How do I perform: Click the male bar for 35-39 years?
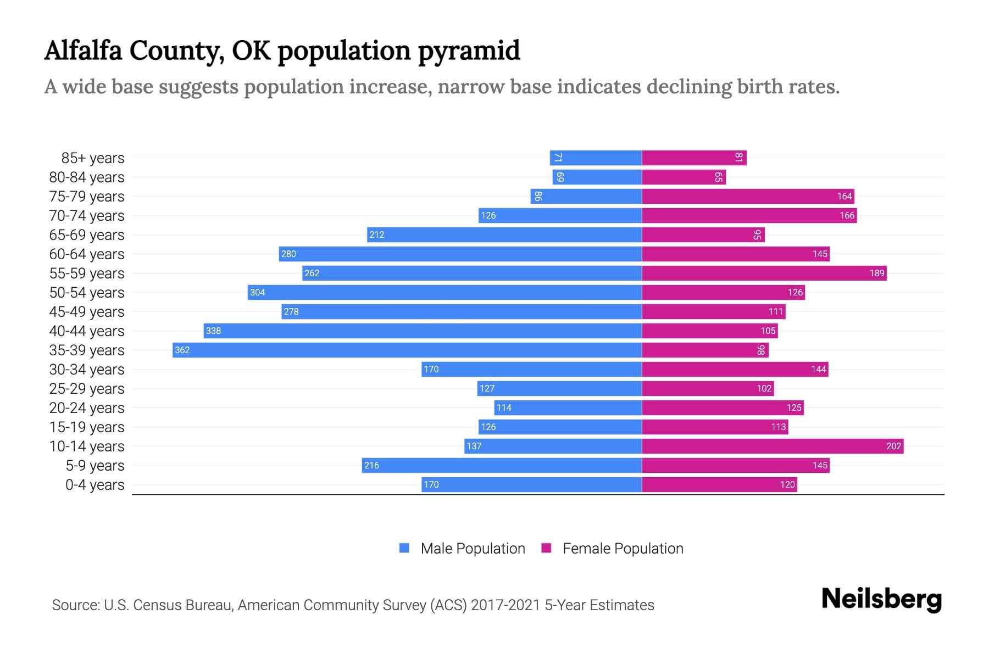pyautogui.click(x=407, y=350)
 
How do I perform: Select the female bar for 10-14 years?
pyautogui.click(x=772, y=446)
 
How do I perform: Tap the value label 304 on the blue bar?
pyautogui.click(x=258, y=292)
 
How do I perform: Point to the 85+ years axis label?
pyautogui.click(x=92, y=158)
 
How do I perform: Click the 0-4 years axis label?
pyautogui.click(x=95, y=485)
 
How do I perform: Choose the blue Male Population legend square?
pyautogui.click(x=404, y=548)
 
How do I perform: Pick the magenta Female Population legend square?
pyautogui.click(x=546, y=548)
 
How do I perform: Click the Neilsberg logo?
pyautogui.click(x=881, y=599)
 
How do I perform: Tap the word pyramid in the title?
pyautogui.click(x=469, y=51)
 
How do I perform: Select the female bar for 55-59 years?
pyautogui.click(x=764, y=273)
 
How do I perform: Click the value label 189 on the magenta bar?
pyautogui.click(x=877, y=273)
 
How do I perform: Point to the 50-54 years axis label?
pyautogui.click(x=87, y=293)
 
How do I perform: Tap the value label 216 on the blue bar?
pyautogui.click(x=371, y=465)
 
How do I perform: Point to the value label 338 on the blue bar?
pyautogui.click(x=213, y=331)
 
